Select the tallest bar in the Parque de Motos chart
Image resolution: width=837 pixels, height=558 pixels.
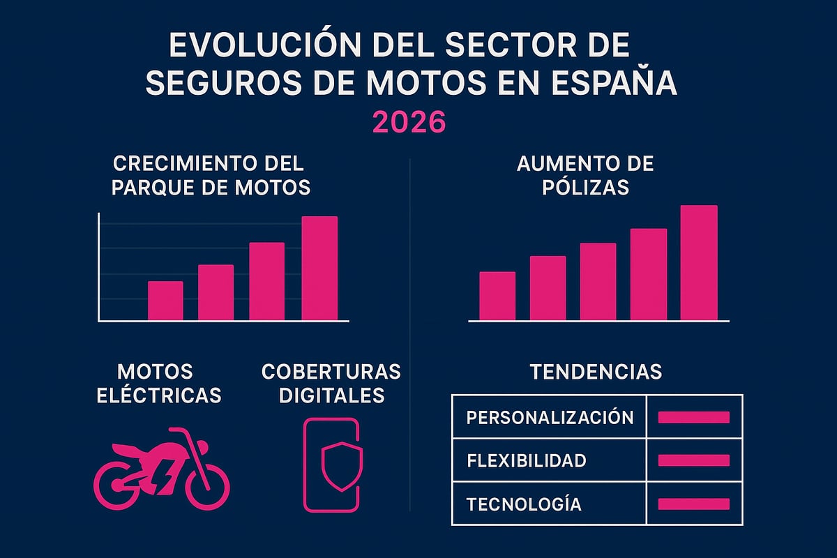point(319,269)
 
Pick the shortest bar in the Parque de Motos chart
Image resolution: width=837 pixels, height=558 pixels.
point(165,301)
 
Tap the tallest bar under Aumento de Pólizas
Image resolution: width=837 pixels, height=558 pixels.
point(698,263)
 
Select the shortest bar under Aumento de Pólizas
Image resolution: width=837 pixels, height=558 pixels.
point(497,296)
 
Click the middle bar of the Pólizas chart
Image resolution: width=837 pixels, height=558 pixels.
point(598,282)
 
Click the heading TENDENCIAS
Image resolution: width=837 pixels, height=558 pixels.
point(596,371)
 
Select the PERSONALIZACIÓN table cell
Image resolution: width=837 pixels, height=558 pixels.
point(550,417)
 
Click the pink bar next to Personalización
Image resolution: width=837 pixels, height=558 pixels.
point(693,417)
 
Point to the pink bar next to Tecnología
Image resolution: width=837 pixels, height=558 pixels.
point(693,504)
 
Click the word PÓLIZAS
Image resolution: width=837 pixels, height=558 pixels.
point(585,187)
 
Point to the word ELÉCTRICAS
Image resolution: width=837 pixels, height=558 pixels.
point(158,395)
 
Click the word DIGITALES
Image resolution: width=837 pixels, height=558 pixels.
point(331,395)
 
